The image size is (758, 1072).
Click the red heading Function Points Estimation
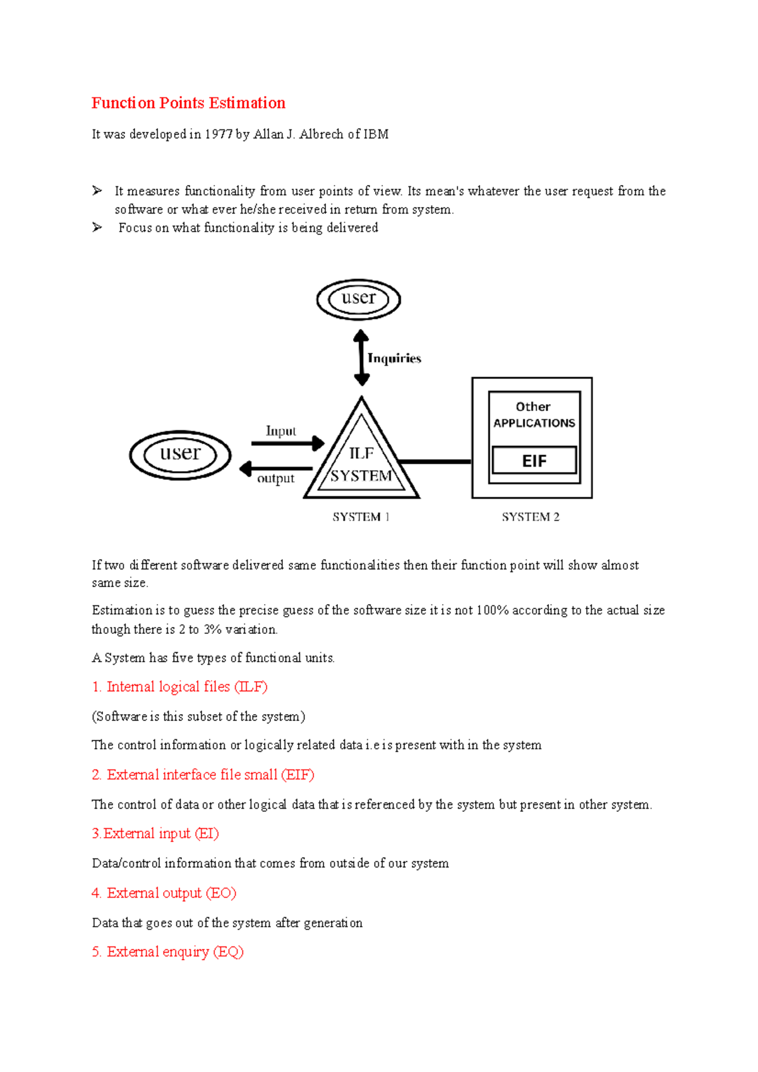tap(188, 103)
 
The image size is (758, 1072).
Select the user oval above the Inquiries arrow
tap(359, 299)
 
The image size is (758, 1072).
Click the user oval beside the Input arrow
tap(181, 455)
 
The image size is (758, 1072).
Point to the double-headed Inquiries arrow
tap(361, 357)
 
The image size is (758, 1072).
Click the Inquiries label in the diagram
tap(394, 359)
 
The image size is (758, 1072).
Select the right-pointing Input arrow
tap(288, 443)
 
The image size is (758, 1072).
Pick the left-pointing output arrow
tap(276, 468)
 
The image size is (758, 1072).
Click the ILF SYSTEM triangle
tap(361, 464)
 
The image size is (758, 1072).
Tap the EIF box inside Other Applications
tap(534, 461)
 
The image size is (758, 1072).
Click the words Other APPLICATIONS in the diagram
tap(534, 415)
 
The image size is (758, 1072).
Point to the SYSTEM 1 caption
tap(361, 517)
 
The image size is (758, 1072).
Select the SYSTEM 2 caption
tap(531, 517)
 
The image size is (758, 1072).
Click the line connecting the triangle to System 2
tap(436, 462)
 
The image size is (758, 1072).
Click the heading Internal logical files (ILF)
tap(180, 687)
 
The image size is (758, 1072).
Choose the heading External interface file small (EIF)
tap(203, 775)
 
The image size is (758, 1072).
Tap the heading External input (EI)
tap(155, 833)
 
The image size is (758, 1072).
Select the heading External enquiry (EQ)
tap(168, 951)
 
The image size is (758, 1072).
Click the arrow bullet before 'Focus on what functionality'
tap(97, 227)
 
